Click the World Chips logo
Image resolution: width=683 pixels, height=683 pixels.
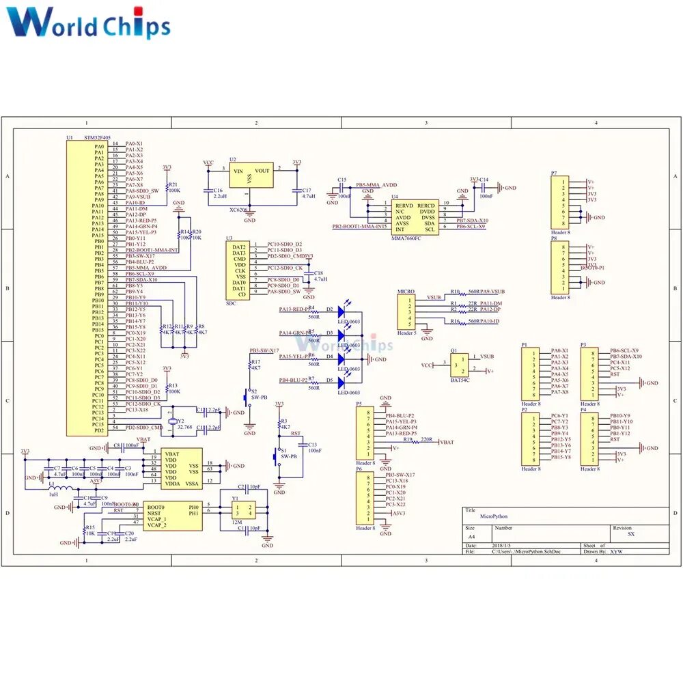(x=89, y=22)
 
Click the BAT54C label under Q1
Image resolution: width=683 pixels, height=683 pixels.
(x=460, y=380)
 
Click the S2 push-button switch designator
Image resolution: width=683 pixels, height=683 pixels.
(x=254, y=391)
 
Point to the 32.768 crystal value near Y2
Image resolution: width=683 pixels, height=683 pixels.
(x=184, y=426)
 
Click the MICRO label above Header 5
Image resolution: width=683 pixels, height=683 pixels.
(x=406, y=292)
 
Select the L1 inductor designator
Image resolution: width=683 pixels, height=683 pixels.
(x=52, y=483)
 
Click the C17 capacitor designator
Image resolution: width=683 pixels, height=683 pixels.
(x=307, y=191)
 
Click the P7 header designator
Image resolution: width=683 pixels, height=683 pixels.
(x=554, y=173)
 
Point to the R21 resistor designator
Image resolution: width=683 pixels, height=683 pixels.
(x=173, y=184)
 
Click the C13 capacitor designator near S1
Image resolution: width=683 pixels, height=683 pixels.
(x=312, y=445)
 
